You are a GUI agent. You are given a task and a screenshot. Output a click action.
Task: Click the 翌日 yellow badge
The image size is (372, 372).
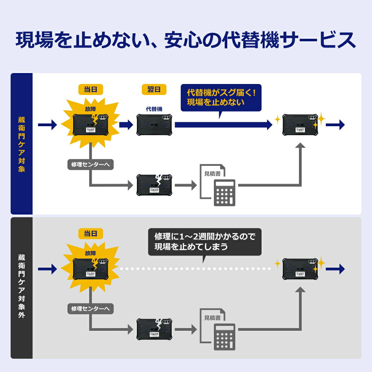pyautogui.click(x=154, y=89)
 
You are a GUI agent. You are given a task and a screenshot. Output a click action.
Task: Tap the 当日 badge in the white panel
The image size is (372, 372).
pyautogui.click(x=91, y=89)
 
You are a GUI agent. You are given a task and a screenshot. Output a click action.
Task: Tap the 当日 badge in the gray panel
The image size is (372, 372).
pyautogui.click(x=91, y=233)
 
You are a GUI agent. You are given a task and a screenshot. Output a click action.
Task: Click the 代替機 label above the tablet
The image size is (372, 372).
pyautogui.click(x=154, y=109)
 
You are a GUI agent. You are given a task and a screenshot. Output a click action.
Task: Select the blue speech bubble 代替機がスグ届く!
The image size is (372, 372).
pyautogui.click(x=221, y=97)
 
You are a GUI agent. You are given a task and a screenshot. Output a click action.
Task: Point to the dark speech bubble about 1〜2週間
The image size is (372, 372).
pyautogui.click(x=205, y=241)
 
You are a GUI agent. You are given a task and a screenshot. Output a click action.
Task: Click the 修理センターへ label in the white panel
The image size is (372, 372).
pyautogui.click(x=90, y=164)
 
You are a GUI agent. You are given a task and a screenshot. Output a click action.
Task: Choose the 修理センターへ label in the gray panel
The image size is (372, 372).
pyautogui.click(x=90, y=309)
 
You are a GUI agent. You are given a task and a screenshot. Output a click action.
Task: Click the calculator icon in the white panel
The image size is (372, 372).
pyautogui.click(x=224, y=193)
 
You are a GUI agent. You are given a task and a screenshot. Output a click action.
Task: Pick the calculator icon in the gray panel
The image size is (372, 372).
pyautogui.click(x=224, y=337)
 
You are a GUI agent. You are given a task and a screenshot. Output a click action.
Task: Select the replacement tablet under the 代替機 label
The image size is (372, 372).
pyautogui.click(x=154, y=125)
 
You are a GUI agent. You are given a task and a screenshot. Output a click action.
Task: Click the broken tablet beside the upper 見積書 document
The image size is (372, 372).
pyautogui.click(x=154, y=185)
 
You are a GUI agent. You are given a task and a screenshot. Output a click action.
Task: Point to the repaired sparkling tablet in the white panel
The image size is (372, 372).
pyautogui.click(x=300, y=125)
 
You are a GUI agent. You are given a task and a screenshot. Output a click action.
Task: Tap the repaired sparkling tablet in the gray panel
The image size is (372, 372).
pyautogui.click(x=300, y=269)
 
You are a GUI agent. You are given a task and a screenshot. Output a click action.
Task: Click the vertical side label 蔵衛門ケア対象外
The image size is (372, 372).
pyautogui.click(x=22, y=286)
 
